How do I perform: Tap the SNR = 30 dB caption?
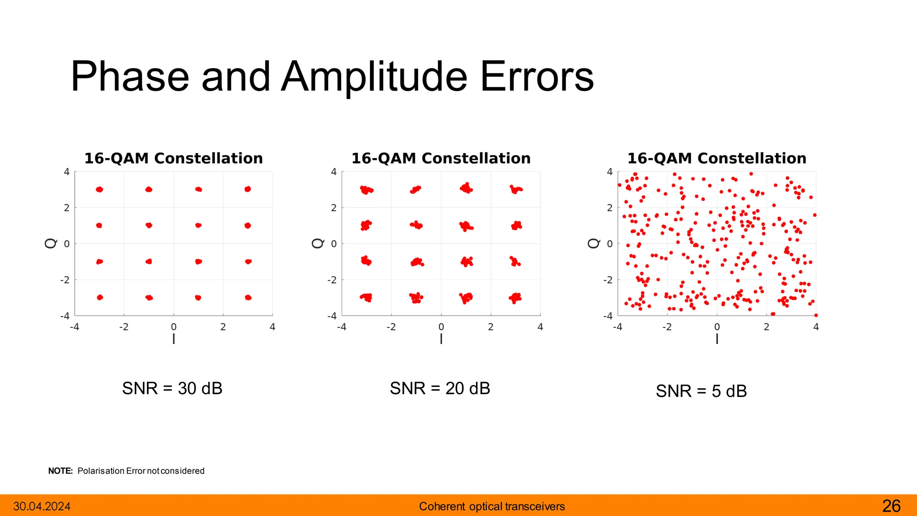click(x=172, y=388)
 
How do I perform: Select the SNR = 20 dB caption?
click(x=440, y=388)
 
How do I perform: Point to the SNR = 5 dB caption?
click(x=701, y=391)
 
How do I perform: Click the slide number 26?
click(x=891, y=506)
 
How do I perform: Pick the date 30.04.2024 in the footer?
click(x=42, y=507)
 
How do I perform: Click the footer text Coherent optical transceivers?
click(x=492, y=507)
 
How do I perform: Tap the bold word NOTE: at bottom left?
click(x=60, y=471)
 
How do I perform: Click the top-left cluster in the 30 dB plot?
click(x=99, y=189)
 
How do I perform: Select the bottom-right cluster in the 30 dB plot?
click(x=248, y=297)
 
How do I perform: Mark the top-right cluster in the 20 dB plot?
click(x=516, y=189)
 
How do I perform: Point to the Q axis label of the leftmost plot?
click(x=51, y=243)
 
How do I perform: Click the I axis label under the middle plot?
click(x=441, y=339)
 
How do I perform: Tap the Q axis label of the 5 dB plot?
click(x=593, y=243)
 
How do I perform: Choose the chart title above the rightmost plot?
click(x=716, y=158)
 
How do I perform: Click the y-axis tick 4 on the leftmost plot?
click(x=67, y=172)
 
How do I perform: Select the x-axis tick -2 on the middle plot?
click(x=391, y=327)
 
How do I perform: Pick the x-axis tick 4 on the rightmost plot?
click(x=816, y=327)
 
